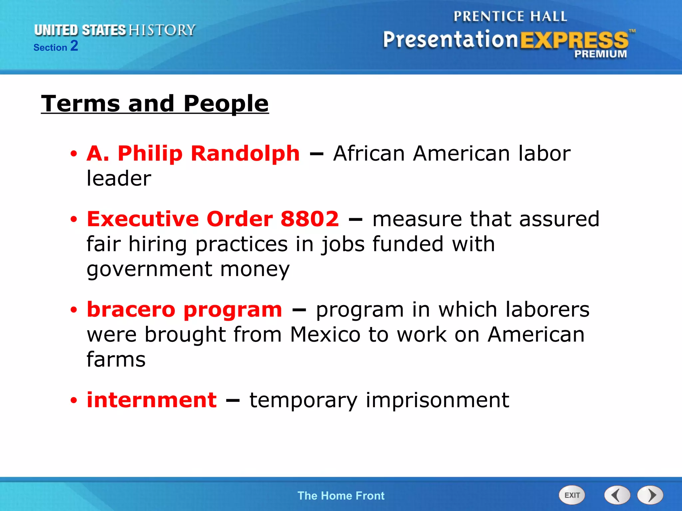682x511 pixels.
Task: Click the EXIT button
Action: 571,495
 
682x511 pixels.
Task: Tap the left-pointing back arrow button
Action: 617,495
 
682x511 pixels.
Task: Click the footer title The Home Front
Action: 341,496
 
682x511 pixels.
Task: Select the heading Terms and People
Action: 155,103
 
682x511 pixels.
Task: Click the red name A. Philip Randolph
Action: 193,153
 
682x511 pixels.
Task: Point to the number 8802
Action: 309,219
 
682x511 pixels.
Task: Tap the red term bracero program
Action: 184,309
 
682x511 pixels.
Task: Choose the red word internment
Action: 152,400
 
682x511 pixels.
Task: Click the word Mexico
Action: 325,334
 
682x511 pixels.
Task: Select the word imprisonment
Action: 437,400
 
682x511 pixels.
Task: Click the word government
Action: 149,269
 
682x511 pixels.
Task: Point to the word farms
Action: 116,359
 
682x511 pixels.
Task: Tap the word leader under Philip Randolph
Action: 119,178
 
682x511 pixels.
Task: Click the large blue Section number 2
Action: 74,46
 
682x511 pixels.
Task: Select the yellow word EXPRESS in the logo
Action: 574,40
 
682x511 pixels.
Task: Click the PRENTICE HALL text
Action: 510,16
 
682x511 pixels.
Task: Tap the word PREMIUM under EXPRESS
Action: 600,54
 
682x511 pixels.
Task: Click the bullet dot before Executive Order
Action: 74,220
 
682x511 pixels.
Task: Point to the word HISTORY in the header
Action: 162,30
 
